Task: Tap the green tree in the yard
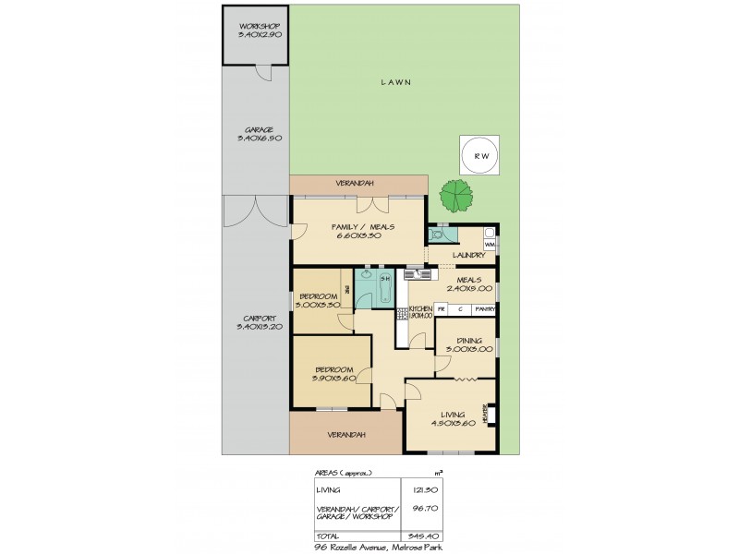tap(454, 195)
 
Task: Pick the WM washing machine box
tap(490, 243)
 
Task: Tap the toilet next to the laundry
tap(437, 235)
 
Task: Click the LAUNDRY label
tap(468, 256)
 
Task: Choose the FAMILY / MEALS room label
tap(358, 228)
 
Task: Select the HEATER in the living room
tap(486, 416)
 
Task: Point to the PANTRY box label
tap(486, 309)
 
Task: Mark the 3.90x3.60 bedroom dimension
tap(333, 379)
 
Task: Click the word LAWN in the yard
tap(395, 82)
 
